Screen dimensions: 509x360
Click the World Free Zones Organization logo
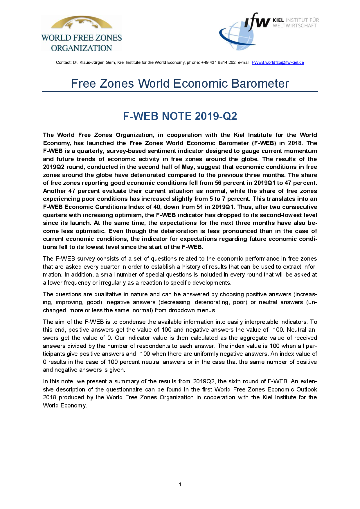point(81,34)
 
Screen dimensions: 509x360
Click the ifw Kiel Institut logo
point(269,31)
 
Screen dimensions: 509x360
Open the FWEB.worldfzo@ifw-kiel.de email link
point(278,62)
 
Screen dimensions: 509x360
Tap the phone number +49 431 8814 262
point(218,62)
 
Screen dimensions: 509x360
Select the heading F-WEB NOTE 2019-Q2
point(180,116)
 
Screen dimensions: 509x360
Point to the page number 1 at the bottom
point(180,484)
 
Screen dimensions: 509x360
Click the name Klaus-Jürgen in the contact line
point(93,62)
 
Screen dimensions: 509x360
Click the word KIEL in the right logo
point(278,20)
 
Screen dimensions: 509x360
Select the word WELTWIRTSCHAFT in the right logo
point(294,26)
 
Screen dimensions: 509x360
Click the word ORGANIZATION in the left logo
point(81,48)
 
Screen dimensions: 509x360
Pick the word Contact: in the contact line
point(64,62)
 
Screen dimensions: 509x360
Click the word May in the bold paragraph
point(188,167)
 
